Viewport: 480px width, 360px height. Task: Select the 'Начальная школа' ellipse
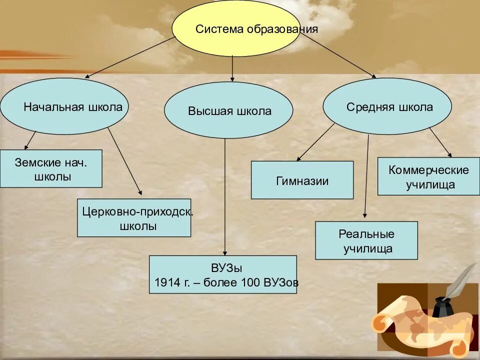[x=64, y=106]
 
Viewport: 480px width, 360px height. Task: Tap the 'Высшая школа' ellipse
[x=228, y=110]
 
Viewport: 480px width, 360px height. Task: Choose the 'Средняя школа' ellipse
[x=387, y=106]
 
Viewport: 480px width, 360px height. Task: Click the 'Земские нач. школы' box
[x=51, y=169]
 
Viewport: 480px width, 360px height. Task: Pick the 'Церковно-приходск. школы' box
[x=134, y=218]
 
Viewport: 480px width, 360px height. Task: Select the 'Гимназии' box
[x=302, y=180]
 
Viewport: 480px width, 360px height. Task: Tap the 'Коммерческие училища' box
[x=428, y=176]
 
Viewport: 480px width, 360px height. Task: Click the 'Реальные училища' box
[x=366, y=240]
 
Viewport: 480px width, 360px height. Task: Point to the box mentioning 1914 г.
[x=223, y=274]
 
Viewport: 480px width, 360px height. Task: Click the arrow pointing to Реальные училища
[x=367, y=175]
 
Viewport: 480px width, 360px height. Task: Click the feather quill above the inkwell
[x=460, y=282]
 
